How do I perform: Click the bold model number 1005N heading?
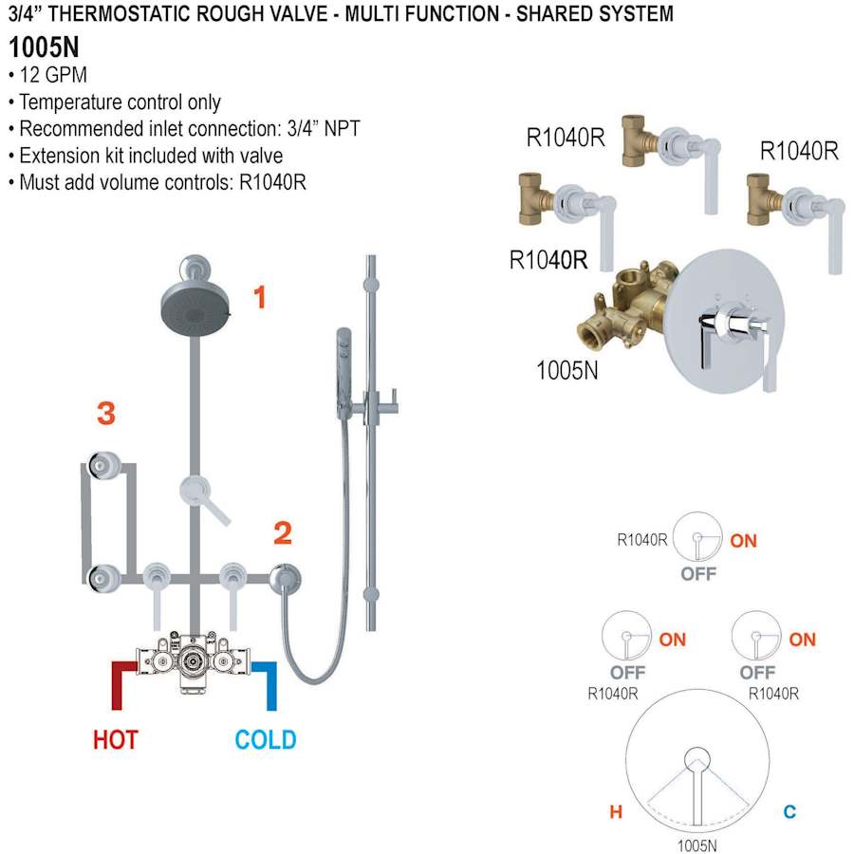pyautogui.click(x=44, y=47)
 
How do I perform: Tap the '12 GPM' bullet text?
pyautogui.click(x=53, y=76)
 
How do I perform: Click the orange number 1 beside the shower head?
pyautogui.click(x=258, y=298)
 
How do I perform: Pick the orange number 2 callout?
pyautogui.click(x=282, y=533)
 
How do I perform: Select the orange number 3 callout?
pyautogui.click(x=106, y=413)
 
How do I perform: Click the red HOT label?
pyautogui.click(x=115, y=739)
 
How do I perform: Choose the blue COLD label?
pyautogui.click(x=265, y=739)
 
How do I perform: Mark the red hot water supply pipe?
pyautogui.click(x=121, y=680)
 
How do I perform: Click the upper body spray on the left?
pyautogui.click(x=102, y=465)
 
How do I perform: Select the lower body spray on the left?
pyautogui.click(x=102, y=576)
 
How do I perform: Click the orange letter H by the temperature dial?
pyautogui.click(x=615, y=811)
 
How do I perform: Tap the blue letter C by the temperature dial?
pyautogui.click(x=789, y=811)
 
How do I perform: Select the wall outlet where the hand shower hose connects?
pyautogui.click(x=286, y=576)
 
